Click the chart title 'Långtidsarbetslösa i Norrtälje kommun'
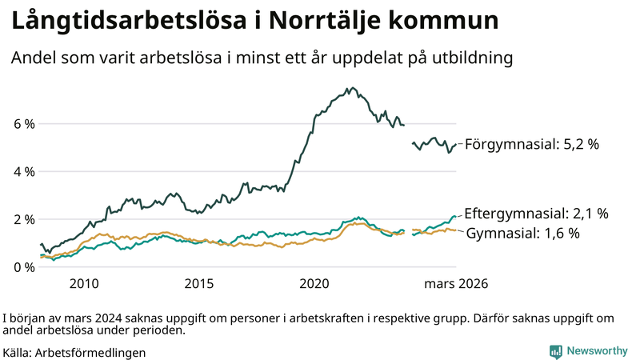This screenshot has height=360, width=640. click(251, 22)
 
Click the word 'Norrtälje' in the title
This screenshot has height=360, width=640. click(330, 22)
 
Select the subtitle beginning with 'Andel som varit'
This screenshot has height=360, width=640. click(261, 58)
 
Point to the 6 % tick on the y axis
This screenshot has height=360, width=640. click(24, 124)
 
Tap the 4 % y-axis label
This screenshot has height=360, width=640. click(24, 171)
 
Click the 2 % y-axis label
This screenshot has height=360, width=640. click(24, 219)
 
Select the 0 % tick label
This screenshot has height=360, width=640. click(24, 266)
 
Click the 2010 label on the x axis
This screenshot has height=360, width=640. click(84, 284)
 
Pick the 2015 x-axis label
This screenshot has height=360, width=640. click(199, 284)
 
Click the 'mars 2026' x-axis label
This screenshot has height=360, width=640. click(456, 284)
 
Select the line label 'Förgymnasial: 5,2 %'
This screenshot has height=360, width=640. click(532, 145)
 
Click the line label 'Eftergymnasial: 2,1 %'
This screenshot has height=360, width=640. click(536, 214)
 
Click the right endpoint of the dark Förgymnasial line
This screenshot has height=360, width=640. click(456, 144)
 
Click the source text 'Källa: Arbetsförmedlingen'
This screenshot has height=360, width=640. click(74, 352)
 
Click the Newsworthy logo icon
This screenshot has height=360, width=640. click(555, 351)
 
